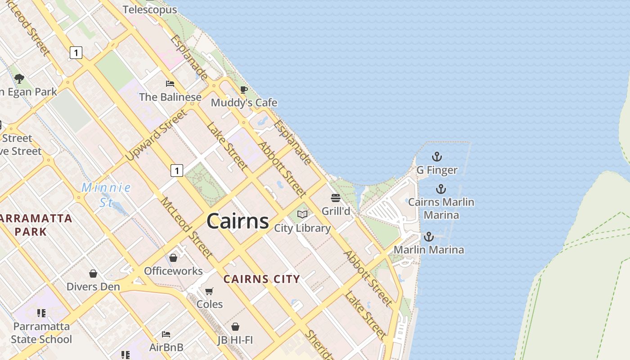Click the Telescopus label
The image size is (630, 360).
click(149, 9)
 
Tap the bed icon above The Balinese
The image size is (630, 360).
click(170, 84)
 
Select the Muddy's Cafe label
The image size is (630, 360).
click(244, 103)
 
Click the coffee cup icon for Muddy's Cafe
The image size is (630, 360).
click(243, 90)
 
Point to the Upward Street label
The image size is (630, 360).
click(156, 135)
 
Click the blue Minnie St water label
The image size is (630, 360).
click(107, 194)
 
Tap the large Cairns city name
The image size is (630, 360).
click(238, 221)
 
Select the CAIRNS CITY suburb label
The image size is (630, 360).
click(262, 279)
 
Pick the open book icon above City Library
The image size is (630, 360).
click(302, 215)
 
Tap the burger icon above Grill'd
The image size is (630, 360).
click(336, 198)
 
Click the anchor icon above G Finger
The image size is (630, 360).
click(437, 157)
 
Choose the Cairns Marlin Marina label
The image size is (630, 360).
click(441, 208)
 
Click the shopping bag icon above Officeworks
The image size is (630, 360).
click(173, 258)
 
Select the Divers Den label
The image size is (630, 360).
click(93, 287)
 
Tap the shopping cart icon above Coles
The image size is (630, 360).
click(209, 291)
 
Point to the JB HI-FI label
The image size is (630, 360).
click(235, 340)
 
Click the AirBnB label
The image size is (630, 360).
click(166, 347)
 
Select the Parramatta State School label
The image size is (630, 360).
click(41, 333)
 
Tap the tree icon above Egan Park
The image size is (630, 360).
click(19, 79)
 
